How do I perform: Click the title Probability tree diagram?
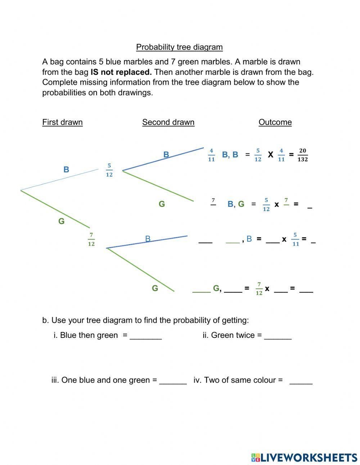[179, 47]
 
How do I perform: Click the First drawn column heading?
[62, 122]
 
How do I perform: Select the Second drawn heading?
[168, 122]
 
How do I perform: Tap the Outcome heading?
[275, 122]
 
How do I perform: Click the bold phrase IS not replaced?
[121, 72]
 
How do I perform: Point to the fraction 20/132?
[303, 155]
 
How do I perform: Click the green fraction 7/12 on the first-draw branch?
[91, 239]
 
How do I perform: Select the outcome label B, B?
[230, 155]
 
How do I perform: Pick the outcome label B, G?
[236, 204]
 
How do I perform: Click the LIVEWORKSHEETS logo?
[304, 457]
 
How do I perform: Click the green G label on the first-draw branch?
[62, 221]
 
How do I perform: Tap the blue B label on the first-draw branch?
[66, 170]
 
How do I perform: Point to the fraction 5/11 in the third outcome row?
[296, 239]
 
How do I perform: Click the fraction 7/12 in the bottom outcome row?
[259, 289]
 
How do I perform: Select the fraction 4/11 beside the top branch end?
[211, 155]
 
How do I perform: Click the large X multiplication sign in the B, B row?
[270, 155]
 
